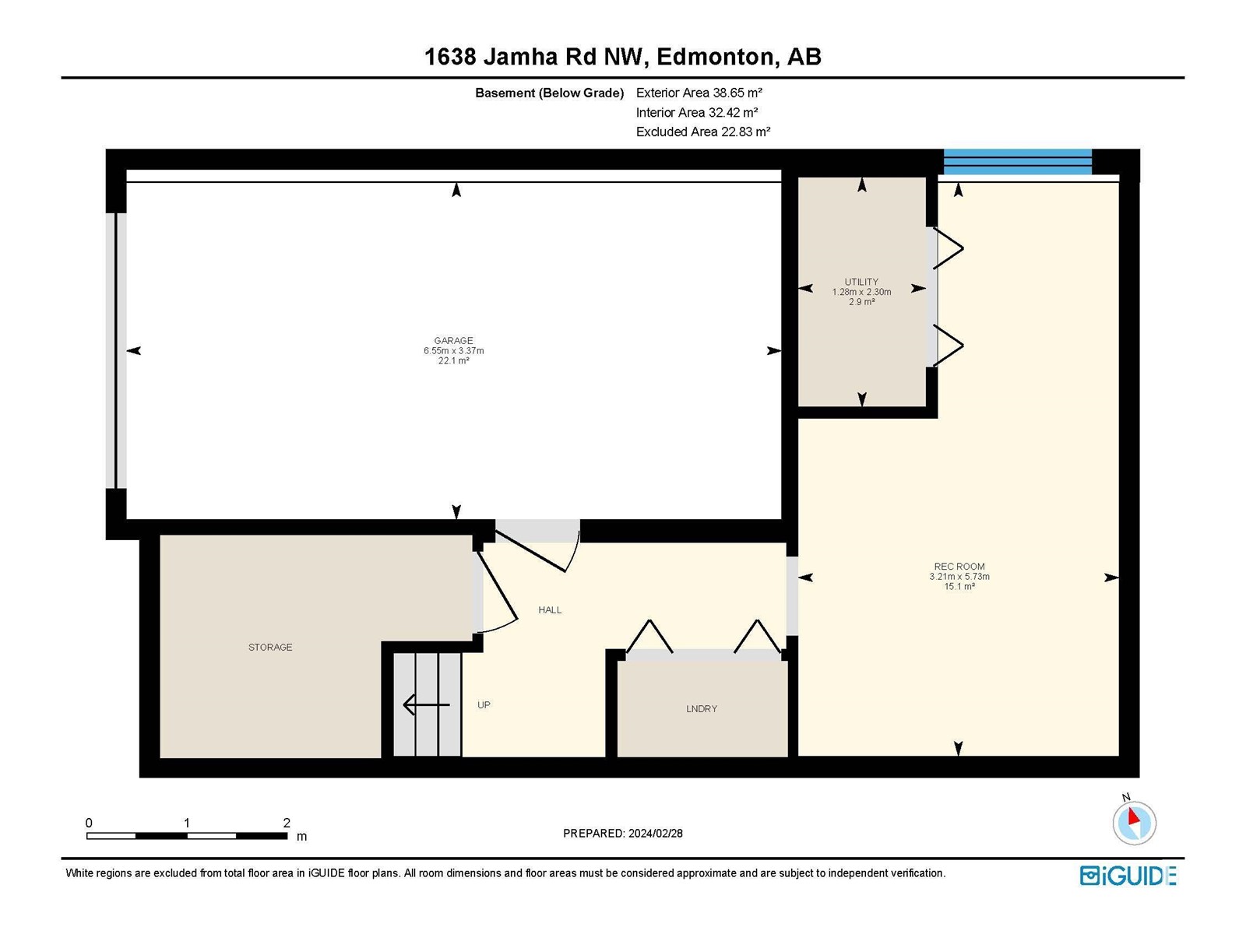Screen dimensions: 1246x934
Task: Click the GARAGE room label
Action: pyautogui.click(x=453, y=340)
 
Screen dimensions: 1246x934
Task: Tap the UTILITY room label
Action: pyautogui.click(x=861, y=282)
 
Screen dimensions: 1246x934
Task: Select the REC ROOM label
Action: pyautogui.click(x=959, y=566)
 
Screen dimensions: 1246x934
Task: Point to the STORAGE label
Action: pyautogui.click(x=270, y=647)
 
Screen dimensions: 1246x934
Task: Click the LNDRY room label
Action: pyautogui.click(x=702, y=708)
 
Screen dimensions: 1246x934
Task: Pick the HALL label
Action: pyautogui.click(x=550, y=609)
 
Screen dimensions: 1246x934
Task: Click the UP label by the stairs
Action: pyautogui.click(x=484, y=704)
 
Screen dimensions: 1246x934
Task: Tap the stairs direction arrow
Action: pyautogui.click(x=426, y=705)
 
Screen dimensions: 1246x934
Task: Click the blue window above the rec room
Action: pyautogui.click(x=1017, y=162)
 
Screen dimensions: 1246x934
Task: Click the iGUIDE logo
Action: pyautogui.click(x=1128, y=876)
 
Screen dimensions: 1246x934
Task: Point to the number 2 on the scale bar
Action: pyautogui.click(x=287, y=822)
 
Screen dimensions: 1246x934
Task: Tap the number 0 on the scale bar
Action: pyautogui.click(x=89, y=822)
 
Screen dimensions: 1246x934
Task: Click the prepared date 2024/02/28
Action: pyautogui.click(x=655, y=833)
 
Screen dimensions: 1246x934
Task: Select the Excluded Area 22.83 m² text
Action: pyautogui.click(x=702, y=132)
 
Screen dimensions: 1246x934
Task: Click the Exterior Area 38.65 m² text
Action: pyautogui.click(x=699, y=93)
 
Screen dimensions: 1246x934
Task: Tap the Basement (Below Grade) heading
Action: pyautogui.click(x=550, y=93)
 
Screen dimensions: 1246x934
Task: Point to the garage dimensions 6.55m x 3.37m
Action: pyautogui.click(x=453, y=350)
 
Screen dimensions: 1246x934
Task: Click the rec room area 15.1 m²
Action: pyautogui.click(x=959, y=586)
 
